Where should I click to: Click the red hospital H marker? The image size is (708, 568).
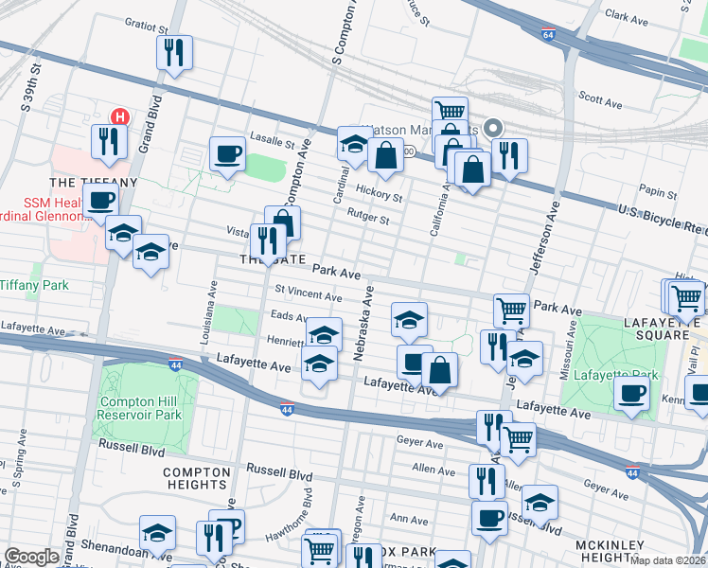(x=120, y=117)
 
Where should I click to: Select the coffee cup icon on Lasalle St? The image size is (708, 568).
(x=227, y=153)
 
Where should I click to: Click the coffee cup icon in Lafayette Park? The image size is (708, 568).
(x=631, y=392)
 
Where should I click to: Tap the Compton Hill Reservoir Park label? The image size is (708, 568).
(x=140, y=408)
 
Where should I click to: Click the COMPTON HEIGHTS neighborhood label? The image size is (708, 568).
(x=197, y=479)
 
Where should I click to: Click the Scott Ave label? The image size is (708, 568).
(x=598, y=97)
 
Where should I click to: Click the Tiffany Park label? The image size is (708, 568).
(x=32, y=284)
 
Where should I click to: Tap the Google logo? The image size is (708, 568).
(x=31, y=557)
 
